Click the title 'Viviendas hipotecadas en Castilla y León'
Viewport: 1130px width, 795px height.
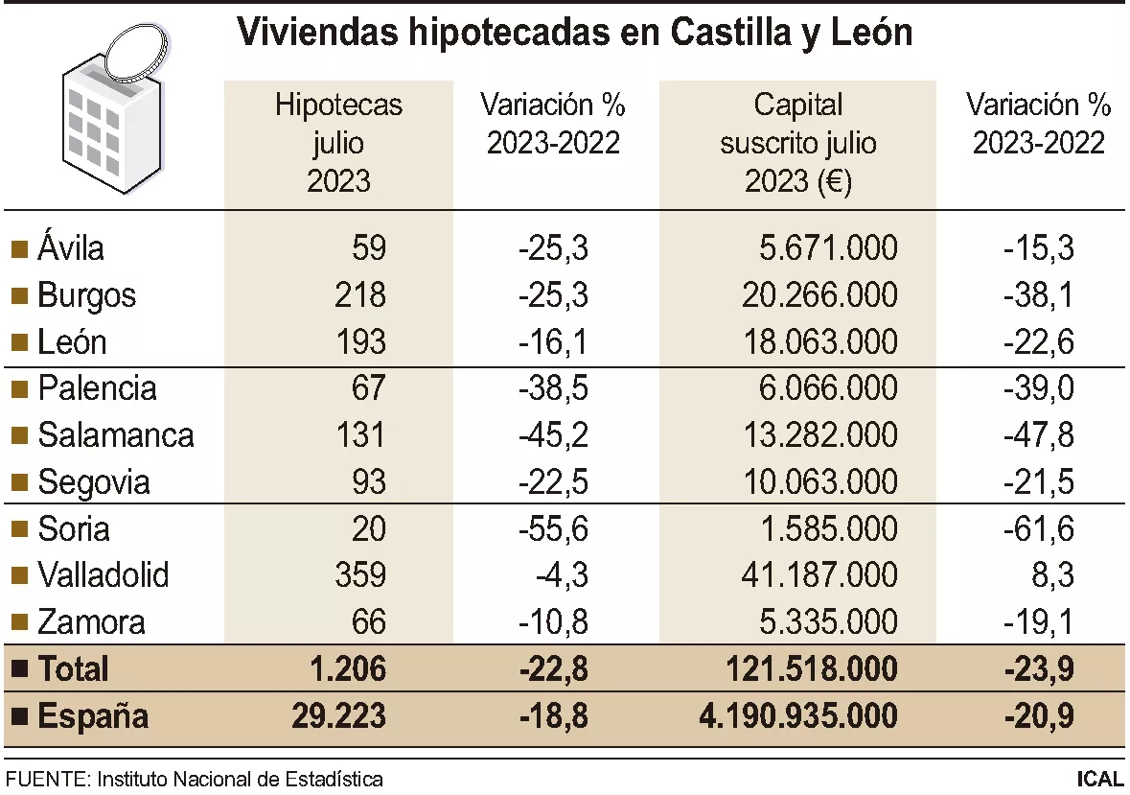tap(574, 34)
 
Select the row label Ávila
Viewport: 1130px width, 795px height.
tap(71, 248)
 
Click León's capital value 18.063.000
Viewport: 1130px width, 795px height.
tap(819, 342)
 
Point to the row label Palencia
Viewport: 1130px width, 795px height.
tap(97, 388)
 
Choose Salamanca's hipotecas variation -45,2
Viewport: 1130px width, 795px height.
tap(552, 435)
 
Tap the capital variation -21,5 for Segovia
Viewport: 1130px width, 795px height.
tap(1039, 481)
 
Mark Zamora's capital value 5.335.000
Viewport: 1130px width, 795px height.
tap(829, 622)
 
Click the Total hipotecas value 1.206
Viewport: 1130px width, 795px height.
tap(348, 668)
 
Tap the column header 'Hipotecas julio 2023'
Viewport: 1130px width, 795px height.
tap(338, 143)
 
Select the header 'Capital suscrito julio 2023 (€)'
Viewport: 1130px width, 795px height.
tap(798, 143)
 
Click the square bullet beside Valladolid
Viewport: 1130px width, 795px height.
tap(18, 576)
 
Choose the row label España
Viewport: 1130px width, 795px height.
tap(93, 715)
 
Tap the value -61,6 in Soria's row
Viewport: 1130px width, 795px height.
tap(1039, 529)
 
